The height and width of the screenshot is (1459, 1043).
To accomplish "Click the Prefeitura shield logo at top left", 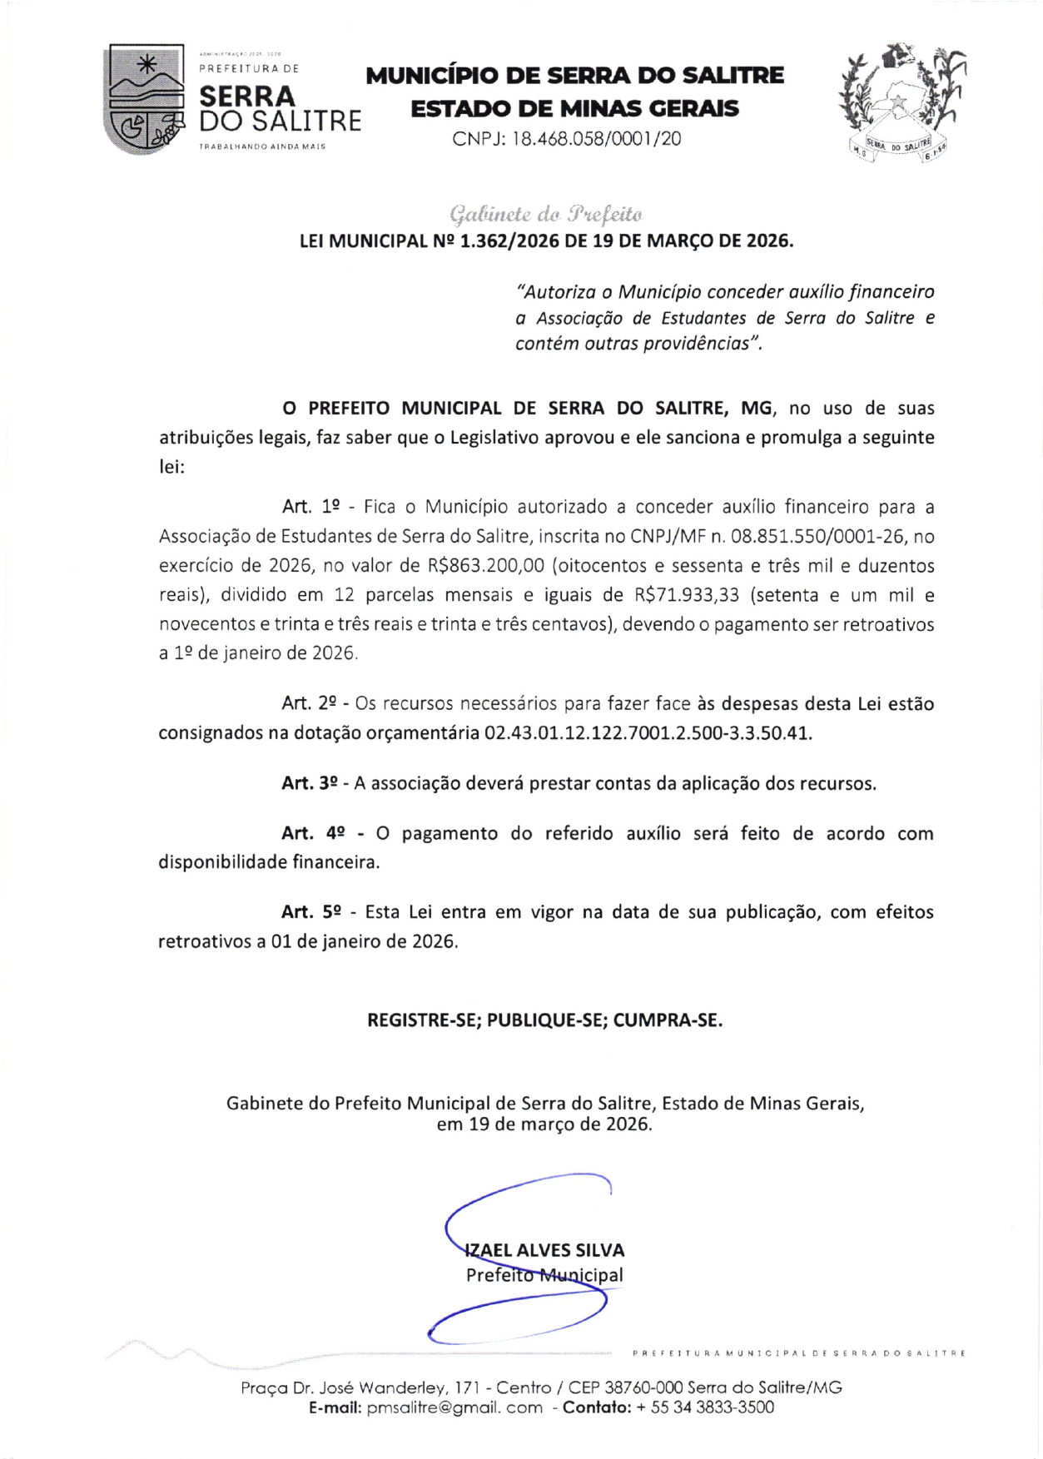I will click(x=143, y=98).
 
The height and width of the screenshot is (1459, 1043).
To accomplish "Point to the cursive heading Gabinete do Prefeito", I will click(x=546, y=215).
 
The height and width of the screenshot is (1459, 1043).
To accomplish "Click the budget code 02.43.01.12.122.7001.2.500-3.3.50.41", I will click(x=647, y=733).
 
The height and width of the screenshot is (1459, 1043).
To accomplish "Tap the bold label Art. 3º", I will click(x=309, y=783).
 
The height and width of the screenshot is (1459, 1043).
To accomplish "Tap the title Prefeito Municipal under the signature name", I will click(x=544, y=1275).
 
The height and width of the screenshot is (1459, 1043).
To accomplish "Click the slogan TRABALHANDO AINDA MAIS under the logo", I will click(x=261, y=146).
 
